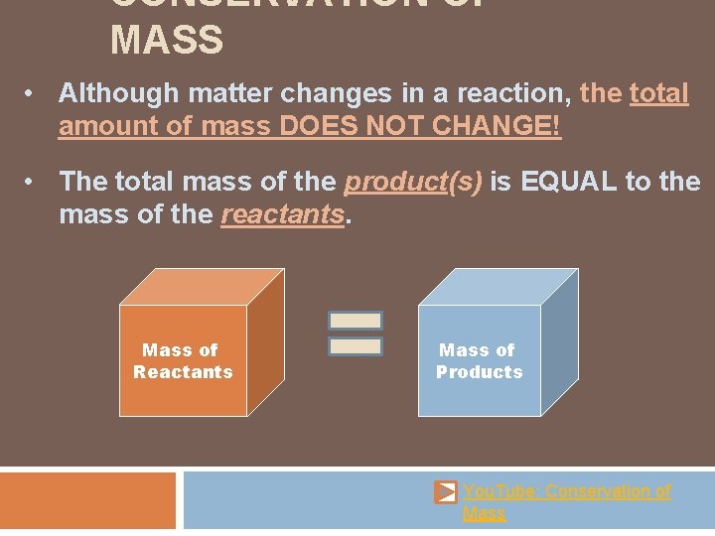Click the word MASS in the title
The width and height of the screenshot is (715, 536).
[x=167, y=42]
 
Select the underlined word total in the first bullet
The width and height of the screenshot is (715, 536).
[x=658, y=94]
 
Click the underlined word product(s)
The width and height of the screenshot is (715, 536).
[x=412, y=182]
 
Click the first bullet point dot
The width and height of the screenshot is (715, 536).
[x=33, y=93]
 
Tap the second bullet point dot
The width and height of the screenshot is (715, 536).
[x=33, y=181]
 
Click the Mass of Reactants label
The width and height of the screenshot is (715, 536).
[x=182, y=360]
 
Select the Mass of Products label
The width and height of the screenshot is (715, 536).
[x=479, y=360]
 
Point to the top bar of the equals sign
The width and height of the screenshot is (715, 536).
[x=356, y=321]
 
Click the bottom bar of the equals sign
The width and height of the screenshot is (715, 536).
[x=356, y=346]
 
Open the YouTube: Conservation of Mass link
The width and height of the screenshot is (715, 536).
[x=566, y=491]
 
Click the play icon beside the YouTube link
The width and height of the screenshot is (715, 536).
[x=446, y=492]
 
